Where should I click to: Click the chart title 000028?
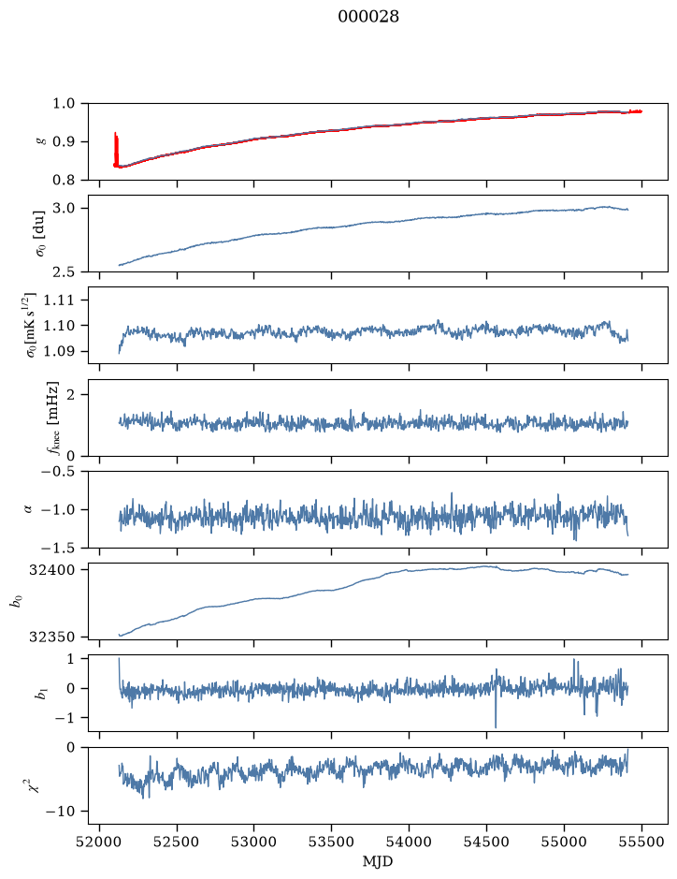(x=367, y=17)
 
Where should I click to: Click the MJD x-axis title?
(x=378, y=861)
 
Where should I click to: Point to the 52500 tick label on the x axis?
(x=177, y=842)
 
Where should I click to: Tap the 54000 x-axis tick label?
(x=409, y=842)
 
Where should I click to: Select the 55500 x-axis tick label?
(x=641, y=842)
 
